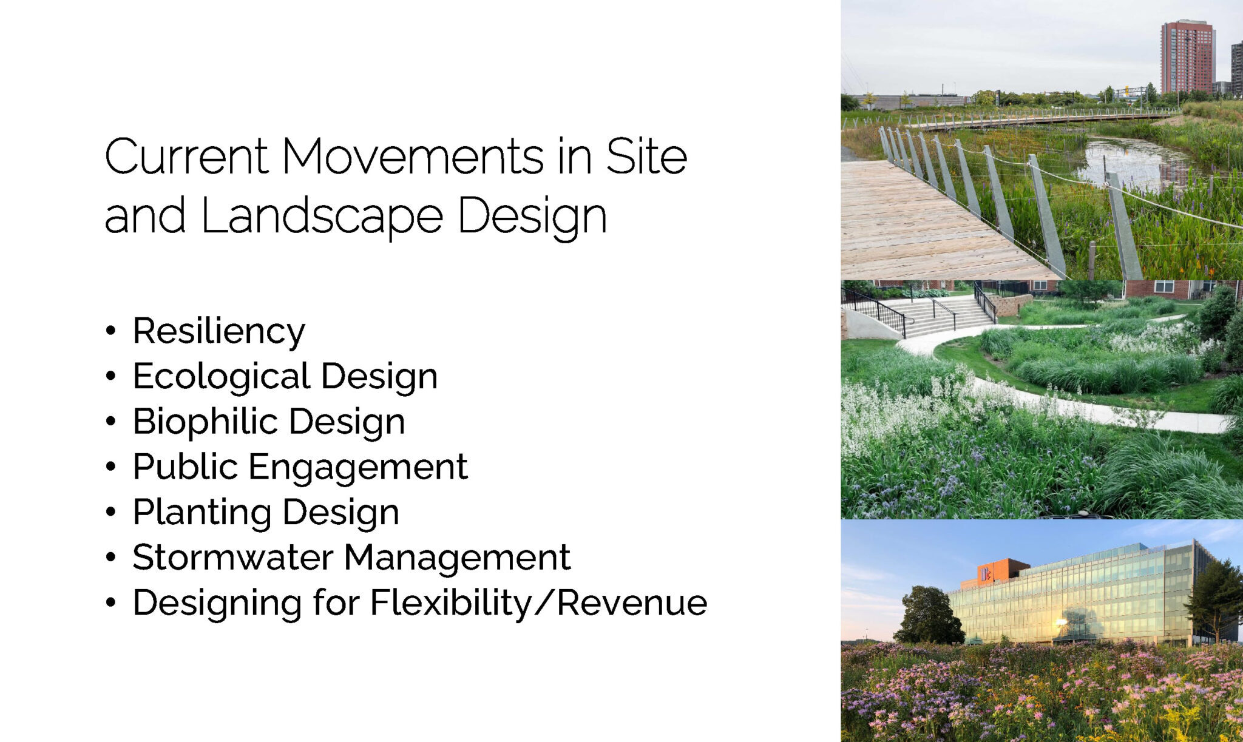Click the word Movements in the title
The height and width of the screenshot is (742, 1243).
tap(413, 157)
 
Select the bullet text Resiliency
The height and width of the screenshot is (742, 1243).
tap(218, 332)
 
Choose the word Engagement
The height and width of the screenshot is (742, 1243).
tap(357, 468)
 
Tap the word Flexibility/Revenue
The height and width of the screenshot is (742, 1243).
tap(539, 603)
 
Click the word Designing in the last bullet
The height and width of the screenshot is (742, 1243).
tap(217, 604)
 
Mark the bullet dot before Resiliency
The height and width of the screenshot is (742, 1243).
tap(110, 331)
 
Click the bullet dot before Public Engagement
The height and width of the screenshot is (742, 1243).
tap(110, 467)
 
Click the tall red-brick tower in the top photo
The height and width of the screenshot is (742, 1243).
tap(1187, 58)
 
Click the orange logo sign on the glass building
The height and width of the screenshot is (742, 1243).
tap(984, 573)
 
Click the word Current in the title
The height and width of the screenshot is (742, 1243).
tap(186, 157)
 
